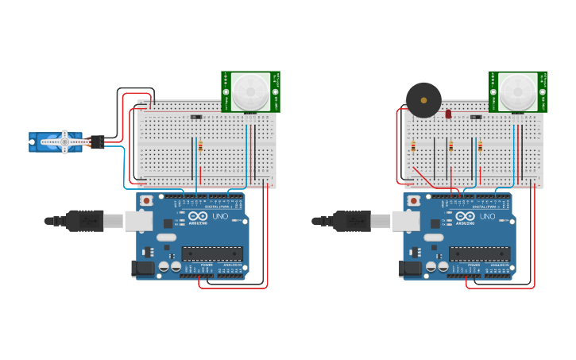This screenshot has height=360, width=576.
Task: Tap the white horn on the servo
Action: click(64, 143)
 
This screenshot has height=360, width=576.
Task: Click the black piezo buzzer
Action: click(423, 100)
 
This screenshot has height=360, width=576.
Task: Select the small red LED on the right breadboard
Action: click(448, 114)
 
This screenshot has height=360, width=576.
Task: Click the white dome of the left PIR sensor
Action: click(250, 91)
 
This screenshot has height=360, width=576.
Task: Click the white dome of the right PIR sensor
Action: click(518, 91)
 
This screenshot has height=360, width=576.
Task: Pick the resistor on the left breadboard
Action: click(200, 146)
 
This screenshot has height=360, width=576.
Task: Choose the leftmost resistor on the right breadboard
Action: click(414, 146)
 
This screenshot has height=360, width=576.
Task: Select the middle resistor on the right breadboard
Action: click(451, 146)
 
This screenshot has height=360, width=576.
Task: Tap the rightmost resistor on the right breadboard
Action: click(480, 146)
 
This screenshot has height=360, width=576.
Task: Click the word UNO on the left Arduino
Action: click(219, 217)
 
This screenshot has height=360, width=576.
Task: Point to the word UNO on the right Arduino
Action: click(486, 217)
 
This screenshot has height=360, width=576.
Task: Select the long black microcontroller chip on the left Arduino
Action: click(211, 254)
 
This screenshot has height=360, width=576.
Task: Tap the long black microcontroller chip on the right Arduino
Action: click(478, 254)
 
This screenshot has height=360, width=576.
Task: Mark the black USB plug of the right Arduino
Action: click(352, 220)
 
